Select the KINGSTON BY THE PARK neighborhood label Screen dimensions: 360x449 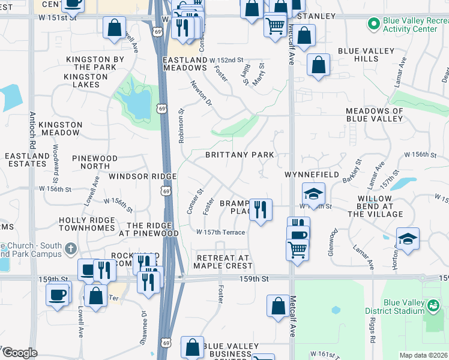click(95, 63)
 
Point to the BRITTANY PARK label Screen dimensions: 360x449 click(240, 155)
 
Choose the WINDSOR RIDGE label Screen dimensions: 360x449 click(142, 176)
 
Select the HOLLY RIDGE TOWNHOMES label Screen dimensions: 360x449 click(86, 224)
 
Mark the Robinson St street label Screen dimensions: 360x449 click(181, 125)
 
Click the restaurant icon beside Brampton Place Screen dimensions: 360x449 click(261, 210)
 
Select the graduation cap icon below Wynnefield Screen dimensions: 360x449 click(313, 194)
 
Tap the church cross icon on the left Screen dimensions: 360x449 click(71, 248)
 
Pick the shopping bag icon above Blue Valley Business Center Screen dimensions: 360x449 click(192, 347)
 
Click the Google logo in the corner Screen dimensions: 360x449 click(20, 353)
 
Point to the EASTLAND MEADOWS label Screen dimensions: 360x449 click(185, 64)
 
